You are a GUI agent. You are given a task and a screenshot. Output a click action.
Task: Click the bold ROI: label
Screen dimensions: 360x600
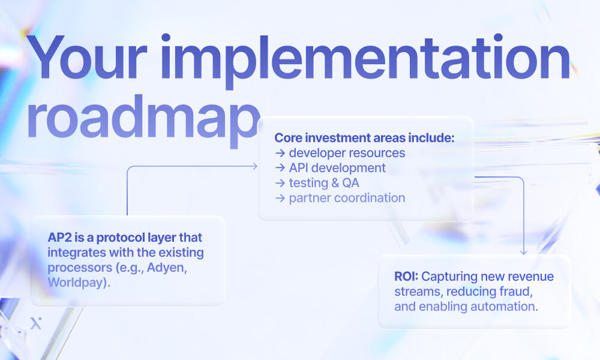tap(406, 277)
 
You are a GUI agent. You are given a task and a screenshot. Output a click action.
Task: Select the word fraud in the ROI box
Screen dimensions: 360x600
tap(515, 292)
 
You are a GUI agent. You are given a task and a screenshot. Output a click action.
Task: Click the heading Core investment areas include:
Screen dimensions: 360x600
tap(364, 138)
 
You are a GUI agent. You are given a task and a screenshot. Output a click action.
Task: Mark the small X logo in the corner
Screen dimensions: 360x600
tap(35, 323)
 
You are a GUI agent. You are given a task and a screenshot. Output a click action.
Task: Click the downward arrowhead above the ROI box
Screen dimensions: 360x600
tap(523, 251)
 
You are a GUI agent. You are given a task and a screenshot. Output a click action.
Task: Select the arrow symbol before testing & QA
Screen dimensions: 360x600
tap(280, 183)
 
